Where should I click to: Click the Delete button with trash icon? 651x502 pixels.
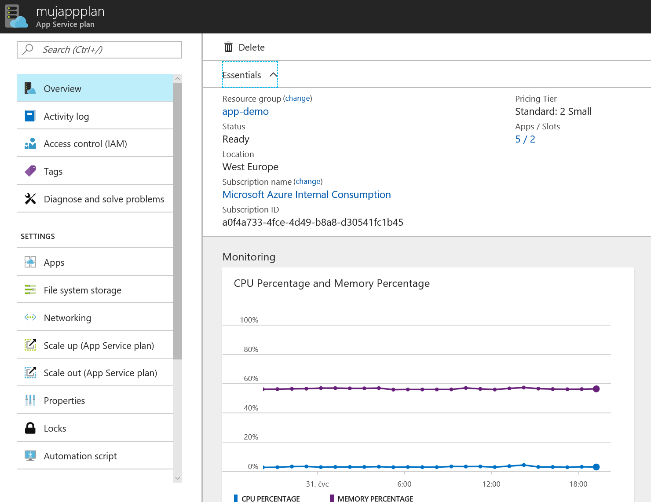tap(244, 48)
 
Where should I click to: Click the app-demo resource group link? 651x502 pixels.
tap(245, 111)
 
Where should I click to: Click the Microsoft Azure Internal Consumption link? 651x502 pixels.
tap(307, 195)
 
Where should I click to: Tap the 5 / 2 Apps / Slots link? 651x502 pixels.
tap(525, 139)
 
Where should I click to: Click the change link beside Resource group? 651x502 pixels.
tap(297, 98)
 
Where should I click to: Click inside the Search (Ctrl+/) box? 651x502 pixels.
tap(99, 49)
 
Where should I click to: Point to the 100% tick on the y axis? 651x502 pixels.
tap(249, 320)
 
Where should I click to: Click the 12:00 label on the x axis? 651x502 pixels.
tap(491, 484)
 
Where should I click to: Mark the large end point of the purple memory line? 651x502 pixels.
tap(596, 389)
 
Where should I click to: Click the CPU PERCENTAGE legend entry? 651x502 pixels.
tap(267, 498)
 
